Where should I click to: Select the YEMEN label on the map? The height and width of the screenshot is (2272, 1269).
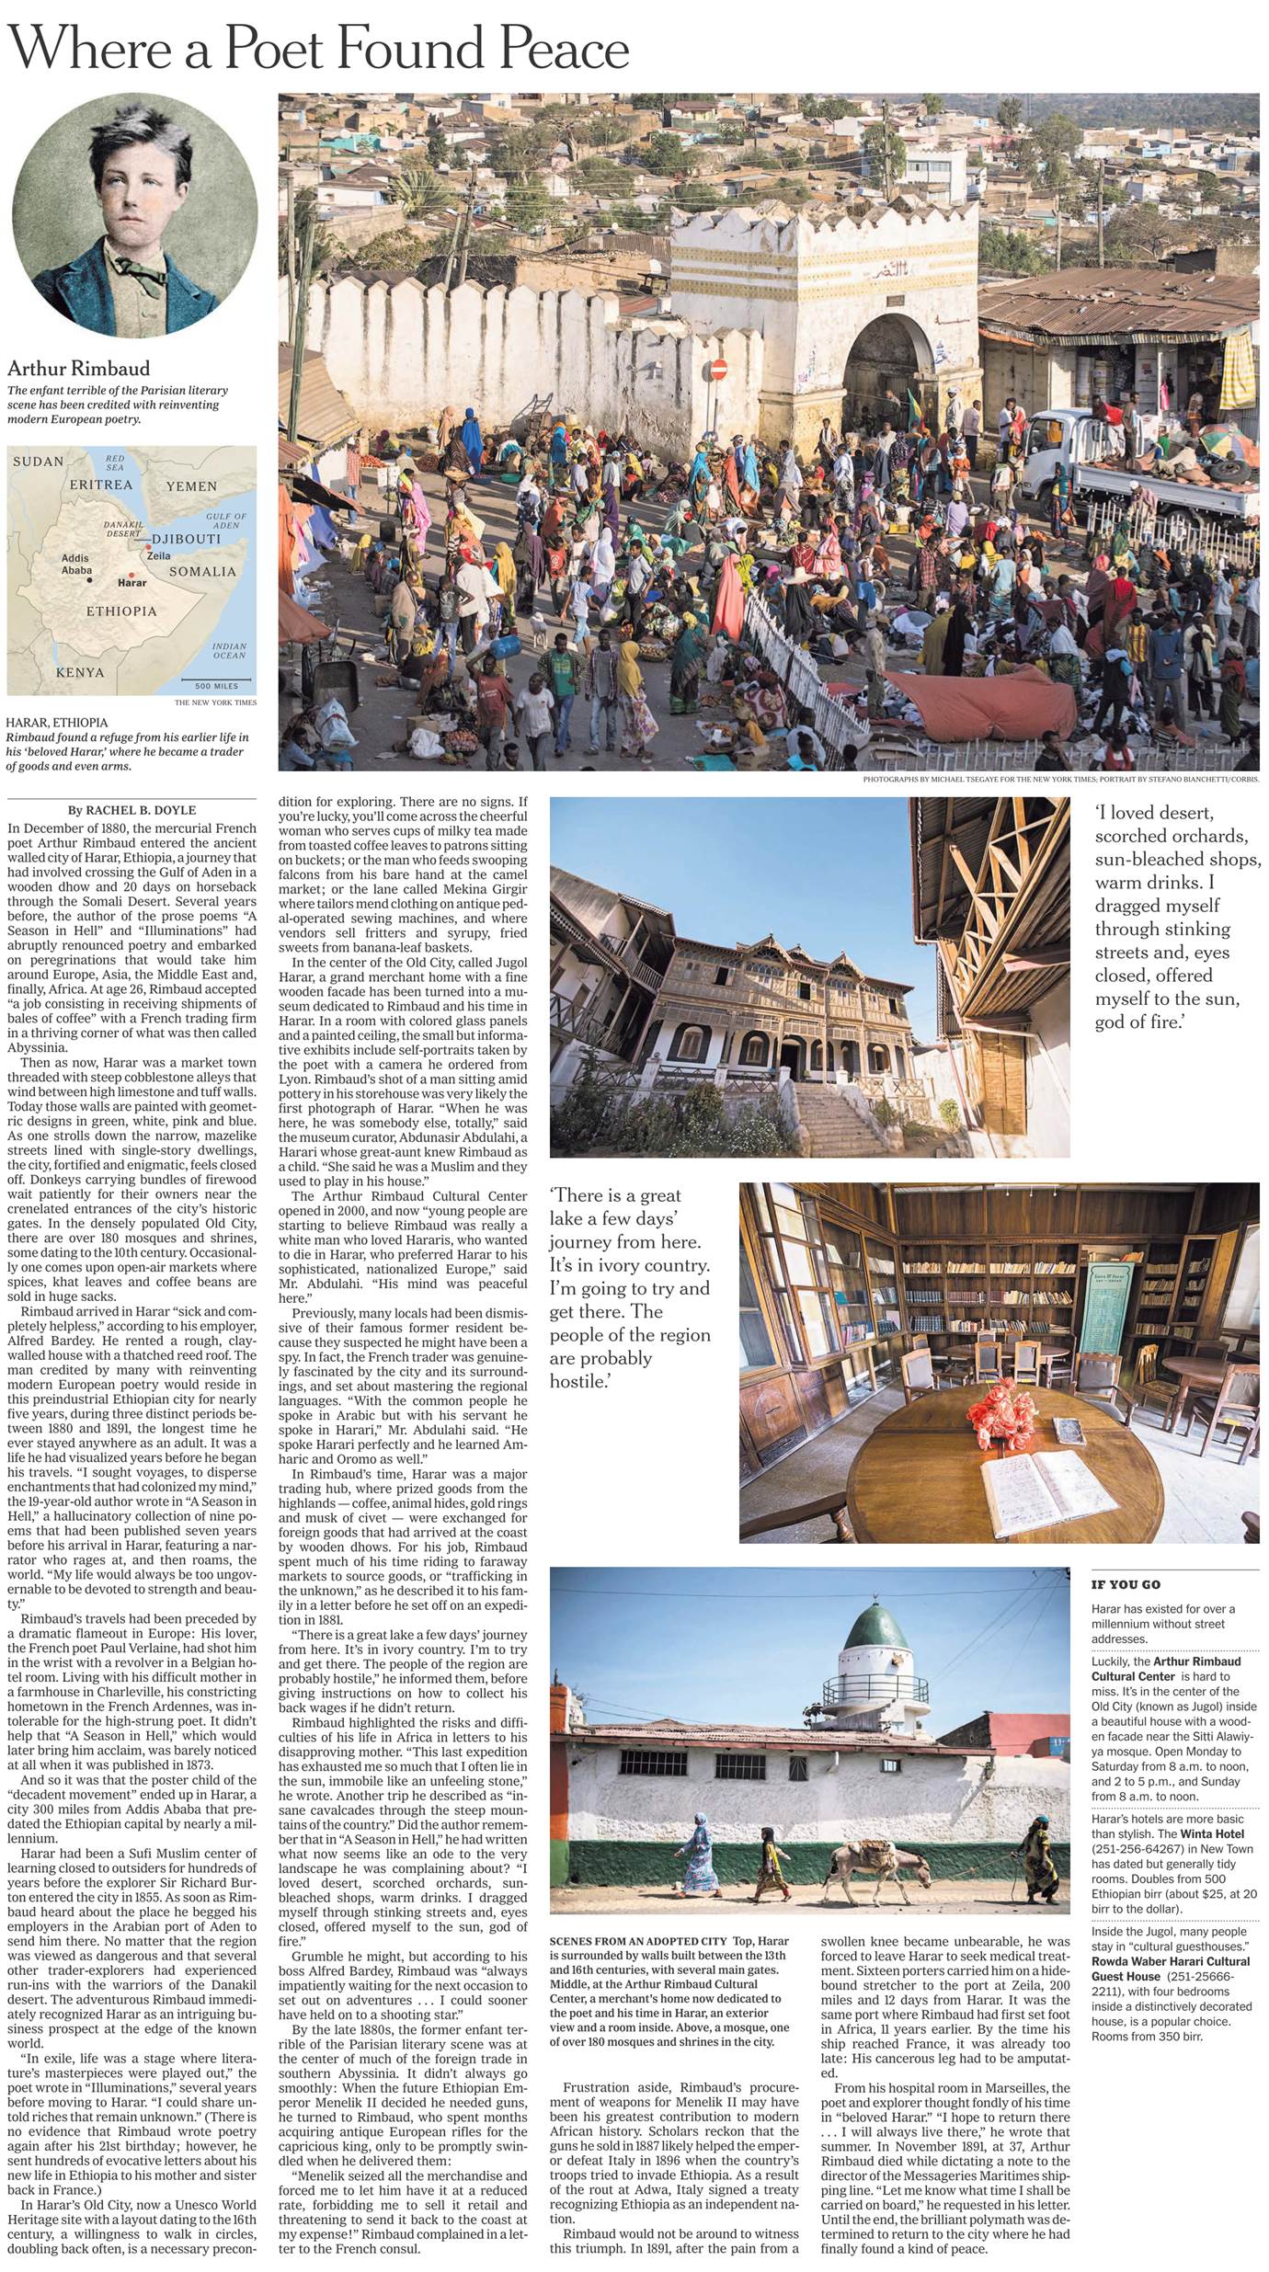[191, 486]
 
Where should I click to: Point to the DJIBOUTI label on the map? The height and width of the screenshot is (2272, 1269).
[187, 539]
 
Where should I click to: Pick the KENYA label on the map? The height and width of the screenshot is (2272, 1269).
[80, 672]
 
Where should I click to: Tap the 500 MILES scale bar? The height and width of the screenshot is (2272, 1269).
[216, 684]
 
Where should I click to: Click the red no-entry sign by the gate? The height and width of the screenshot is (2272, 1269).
[720, 370]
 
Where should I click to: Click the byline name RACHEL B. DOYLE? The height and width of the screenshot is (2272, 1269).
[141, 810]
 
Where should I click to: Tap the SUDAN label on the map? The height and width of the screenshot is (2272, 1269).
[38, 462]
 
